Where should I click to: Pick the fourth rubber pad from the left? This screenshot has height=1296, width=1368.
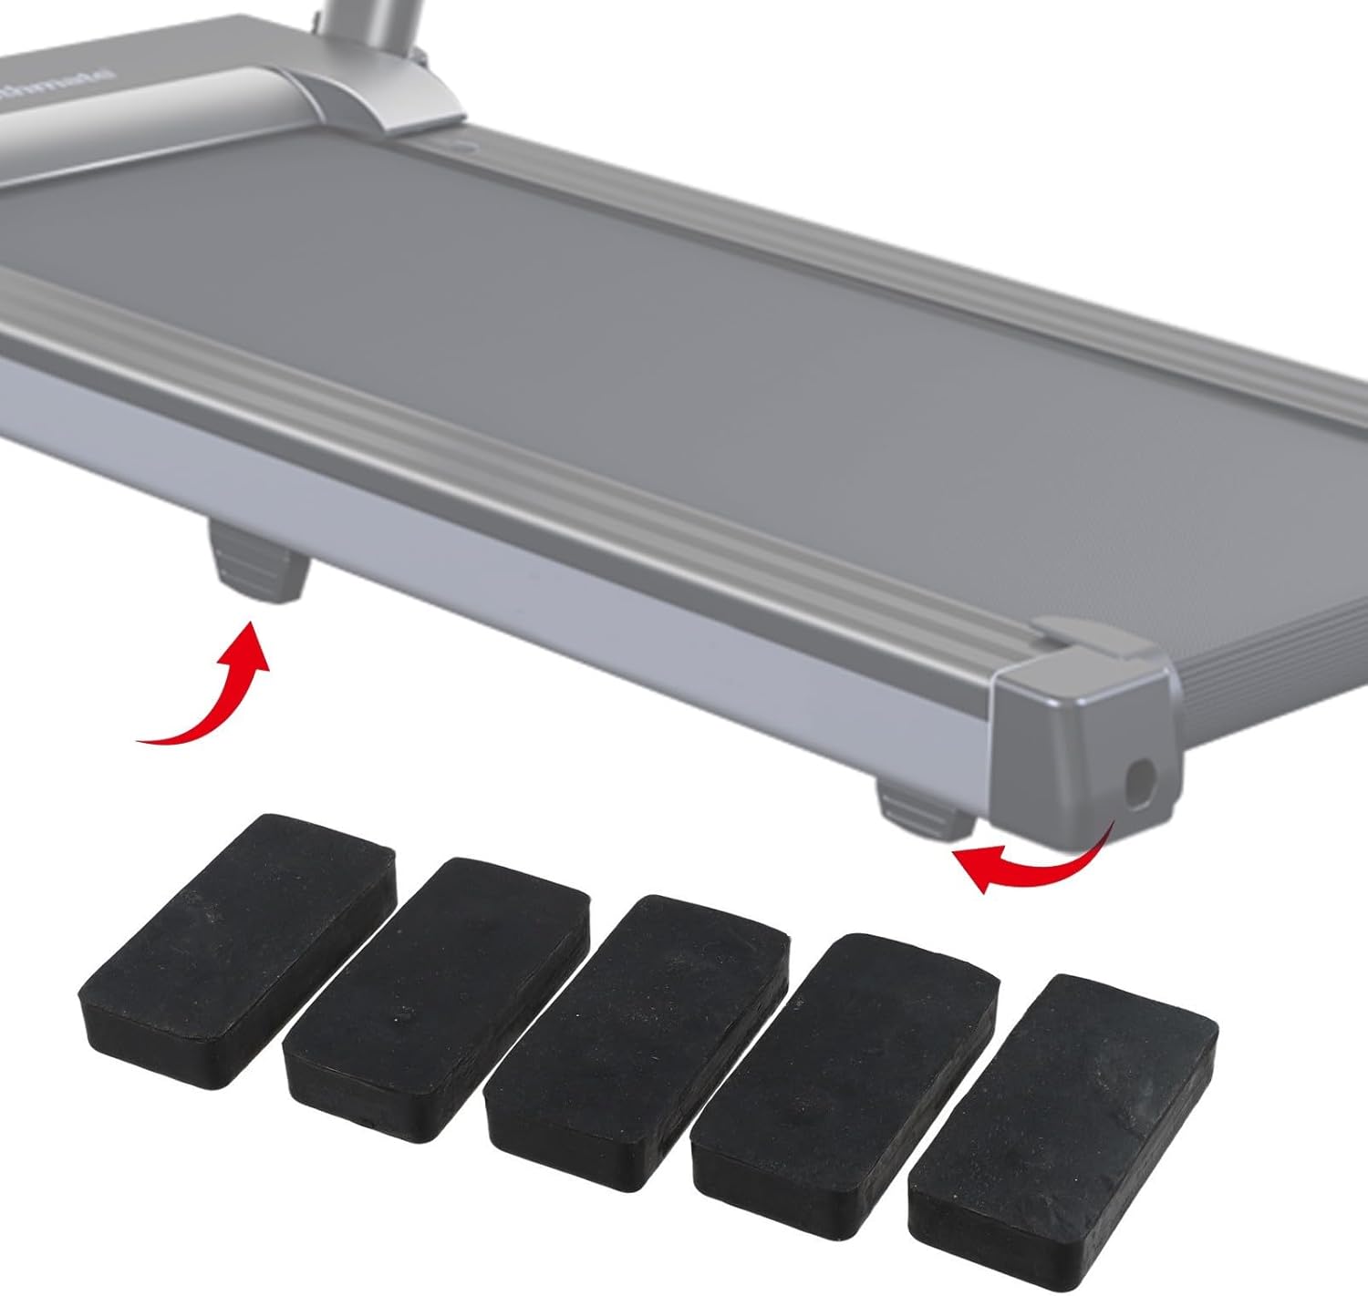(845, 1039)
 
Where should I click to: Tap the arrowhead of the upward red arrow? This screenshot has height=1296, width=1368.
(251, 643)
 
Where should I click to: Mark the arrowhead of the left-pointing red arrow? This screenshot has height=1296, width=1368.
(971, 866)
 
